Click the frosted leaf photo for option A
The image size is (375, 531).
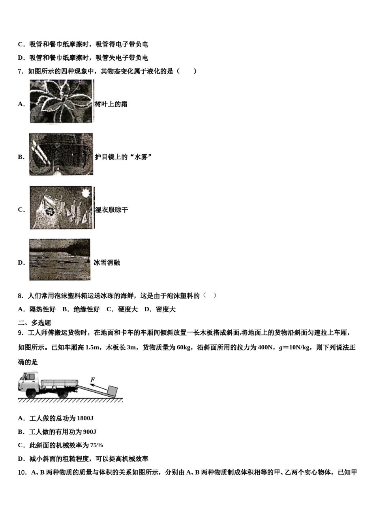pyautogui.click(x=62, y=102)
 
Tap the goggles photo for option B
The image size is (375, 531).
pyautogui.click(x=61, y=154)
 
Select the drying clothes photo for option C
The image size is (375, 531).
pyautogui.click(x=62, y=208)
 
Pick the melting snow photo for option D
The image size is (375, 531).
pyautogui.click(x=60, y=260)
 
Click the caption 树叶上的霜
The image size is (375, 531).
pyautogui.click(x=111, y=104)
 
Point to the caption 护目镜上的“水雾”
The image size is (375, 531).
pyautogui.click(x=123, y=157)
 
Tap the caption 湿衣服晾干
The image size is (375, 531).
pyautogui.click(x=112, y=210)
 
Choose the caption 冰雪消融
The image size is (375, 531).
pyautogui.click(x=107, y=263)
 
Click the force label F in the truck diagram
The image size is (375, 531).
pyautogui.click(x=93, y=380)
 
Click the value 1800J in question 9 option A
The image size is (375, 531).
pyautogui.click(x=85, y=418)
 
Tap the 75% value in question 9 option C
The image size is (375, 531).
pyautogui.click(x=97, y=445)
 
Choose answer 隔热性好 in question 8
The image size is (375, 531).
pyautogui.click(x=43, y=309)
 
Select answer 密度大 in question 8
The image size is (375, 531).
pyautogui.click(x=165, y=309)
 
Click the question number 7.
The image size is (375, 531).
pyautogui.click(x=21, y=72)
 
